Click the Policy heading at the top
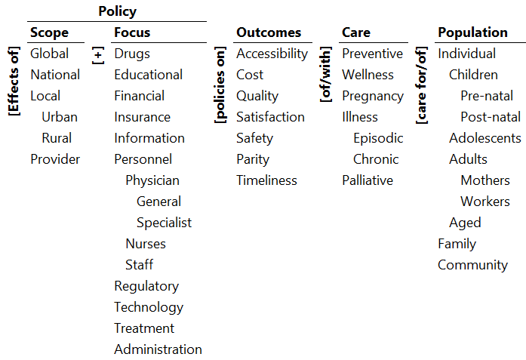pos(117,11)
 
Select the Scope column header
pos(49,32)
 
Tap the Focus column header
pos(132,32)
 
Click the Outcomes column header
pos(269,32)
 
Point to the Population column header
pos(472,32)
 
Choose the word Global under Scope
pos(49,54)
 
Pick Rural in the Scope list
pos(57,138)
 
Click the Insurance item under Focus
pos(142,117)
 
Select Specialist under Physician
pos(164,223)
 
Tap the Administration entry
pos(158,349)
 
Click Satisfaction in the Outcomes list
pos(270,117)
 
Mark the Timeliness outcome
pos(266,180)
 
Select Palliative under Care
pos(368,180)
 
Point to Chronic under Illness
pos(376,159)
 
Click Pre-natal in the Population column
pos(487,96)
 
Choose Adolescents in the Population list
pos(484,138)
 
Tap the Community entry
pos(472,265)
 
